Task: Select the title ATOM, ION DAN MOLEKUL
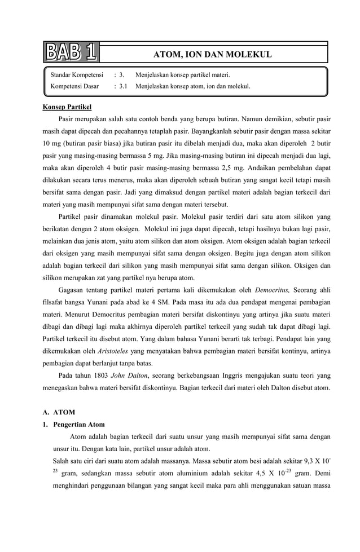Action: pos(213,55)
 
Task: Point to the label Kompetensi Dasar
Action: pos(74,86)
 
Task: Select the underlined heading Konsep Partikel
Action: pos(67,106)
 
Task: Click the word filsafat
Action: pos(55,303)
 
